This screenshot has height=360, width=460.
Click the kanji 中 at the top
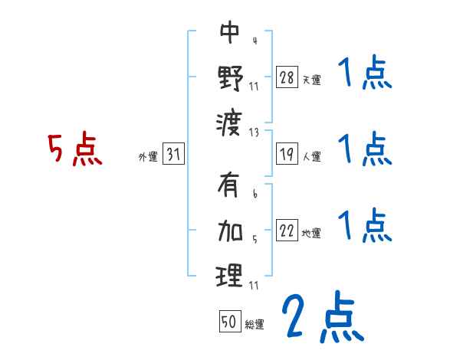(x=230, y=32)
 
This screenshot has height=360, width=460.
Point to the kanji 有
(x=230, y=186)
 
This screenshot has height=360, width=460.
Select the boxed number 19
(x=287, y=154)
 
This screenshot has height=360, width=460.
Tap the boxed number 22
(x=287, y=231)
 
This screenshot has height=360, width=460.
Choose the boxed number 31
(x=173, y=154)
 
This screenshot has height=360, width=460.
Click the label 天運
(x=311, y=79)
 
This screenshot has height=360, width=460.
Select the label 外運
(x=148, y=157)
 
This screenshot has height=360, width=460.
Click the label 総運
(x=254, y=324)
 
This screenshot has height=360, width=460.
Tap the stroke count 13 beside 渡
(x=254, y=132)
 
